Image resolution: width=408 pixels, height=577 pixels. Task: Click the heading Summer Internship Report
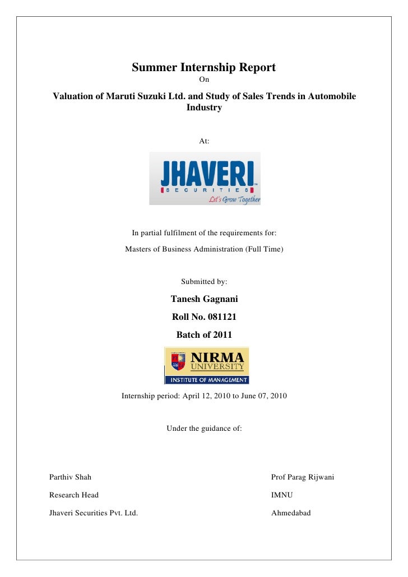coord(203,68)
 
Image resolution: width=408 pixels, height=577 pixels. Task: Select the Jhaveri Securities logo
coord(205,178)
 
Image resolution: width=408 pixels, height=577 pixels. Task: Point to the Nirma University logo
coord(206,365)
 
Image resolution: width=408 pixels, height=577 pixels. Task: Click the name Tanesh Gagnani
coord(204,299)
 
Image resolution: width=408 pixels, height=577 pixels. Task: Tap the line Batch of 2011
coord(204,335)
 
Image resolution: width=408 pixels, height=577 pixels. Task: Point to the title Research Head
coord(74,495)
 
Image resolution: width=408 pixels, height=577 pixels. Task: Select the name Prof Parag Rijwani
coord(303,477)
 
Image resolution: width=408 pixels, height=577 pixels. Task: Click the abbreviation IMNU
coord(282,495)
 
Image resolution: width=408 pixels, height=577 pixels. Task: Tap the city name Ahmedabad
coord(291,513)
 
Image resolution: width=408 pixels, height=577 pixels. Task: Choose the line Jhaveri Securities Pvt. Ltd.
coord(94,513)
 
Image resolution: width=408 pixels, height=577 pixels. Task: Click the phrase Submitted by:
coord(204,281)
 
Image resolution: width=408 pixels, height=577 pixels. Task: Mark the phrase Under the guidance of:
coord(204,429)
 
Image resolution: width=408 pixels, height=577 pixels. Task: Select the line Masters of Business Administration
coord(204,248)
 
